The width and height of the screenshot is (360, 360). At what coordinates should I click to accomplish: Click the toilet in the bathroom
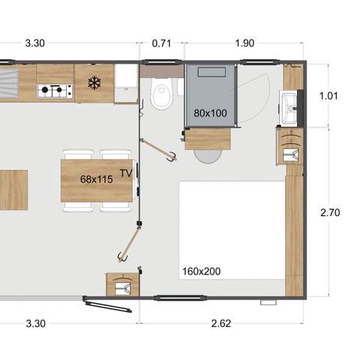pyautogui.click(x=160, y=96)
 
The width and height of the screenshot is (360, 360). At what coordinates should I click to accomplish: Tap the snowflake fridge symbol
pyautogui.click(x=94, y=82)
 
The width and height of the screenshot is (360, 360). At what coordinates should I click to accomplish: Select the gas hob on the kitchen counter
pyautogui.click(x=55, y=91)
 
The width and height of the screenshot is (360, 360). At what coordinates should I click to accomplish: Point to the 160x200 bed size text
pyautogui.click(x=200, y=271)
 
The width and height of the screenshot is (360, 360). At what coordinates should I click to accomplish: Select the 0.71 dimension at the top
pyautogui.click(x=161, y=43)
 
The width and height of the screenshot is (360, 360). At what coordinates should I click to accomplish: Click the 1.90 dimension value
pyautogui.click(x=244, y=43)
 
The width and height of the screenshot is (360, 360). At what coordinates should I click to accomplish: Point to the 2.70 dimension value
pyautogui.click(x=330, y=213)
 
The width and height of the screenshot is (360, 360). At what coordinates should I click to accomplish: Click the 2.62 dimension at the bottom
pyautogui.click(x=220, y=324)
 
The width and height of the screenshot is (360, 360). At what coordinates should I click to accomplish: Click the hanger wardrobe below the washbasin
pyautogui.click(x=289, y=146)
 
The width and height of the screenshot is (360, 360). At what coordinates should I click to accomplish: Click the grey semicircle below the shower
pyautogui.click(x=208, y=155)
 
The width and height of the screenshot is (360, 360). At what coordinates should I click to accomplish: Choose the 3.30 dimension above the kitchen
pyautogui.click(x=34, y=43)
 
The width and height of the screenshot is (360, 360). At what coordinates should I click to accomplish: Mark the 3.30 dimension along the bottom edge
pyautogui.click(x=34, y=324)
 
